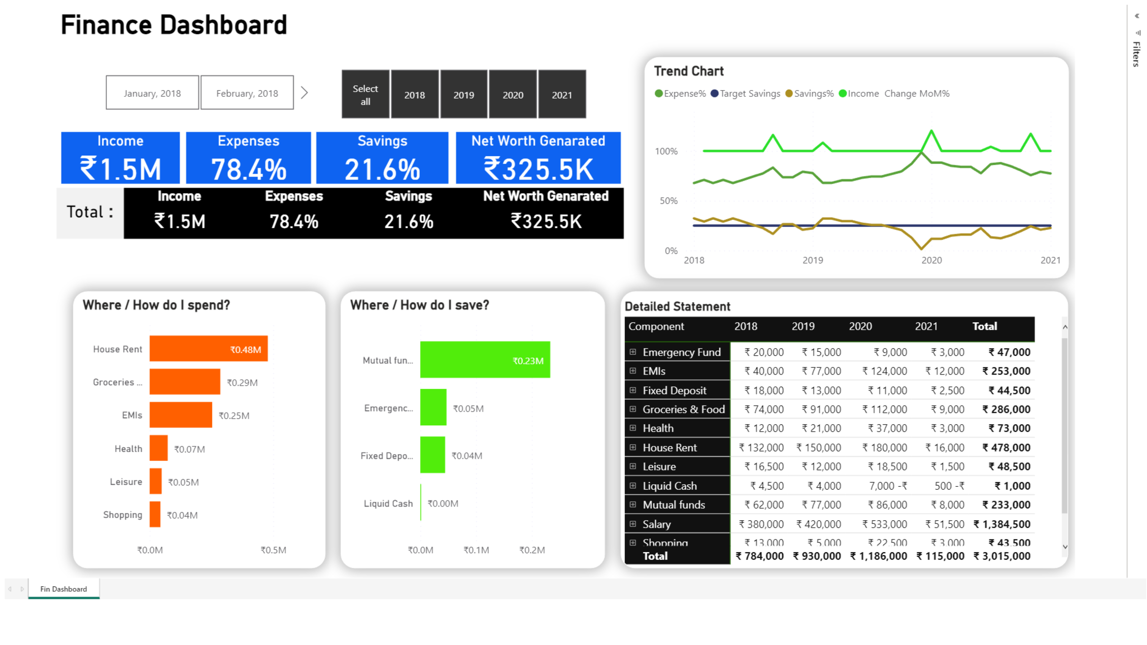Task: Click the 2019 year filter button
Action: click(x=463, y=94)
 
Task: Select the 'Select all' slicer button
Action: click(x=365, y=94)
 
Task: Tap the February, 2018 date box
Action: click(x=247, y=93)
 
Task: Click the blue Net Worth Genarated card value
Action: click(x=538, y=169)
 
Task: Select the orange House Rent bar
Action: click(x=208, y=349)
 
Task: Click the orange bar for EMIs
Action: click(x=180, y=415)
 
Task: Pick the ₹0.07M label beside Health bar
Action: click(x=190, y=449)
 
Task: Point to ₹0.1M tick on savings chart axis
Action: click(x=476, y=550)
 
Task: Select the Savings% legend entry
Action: click(x=813, y=93)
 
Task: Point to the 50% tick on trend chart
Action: click(x=668, y=201)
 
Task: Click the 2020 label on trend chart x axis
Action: click(x=931, y=260)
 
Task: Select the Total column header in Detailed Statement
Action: click(x=984, y=326)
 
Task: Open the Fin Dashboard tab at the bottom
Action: click(x=64, y=589)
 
